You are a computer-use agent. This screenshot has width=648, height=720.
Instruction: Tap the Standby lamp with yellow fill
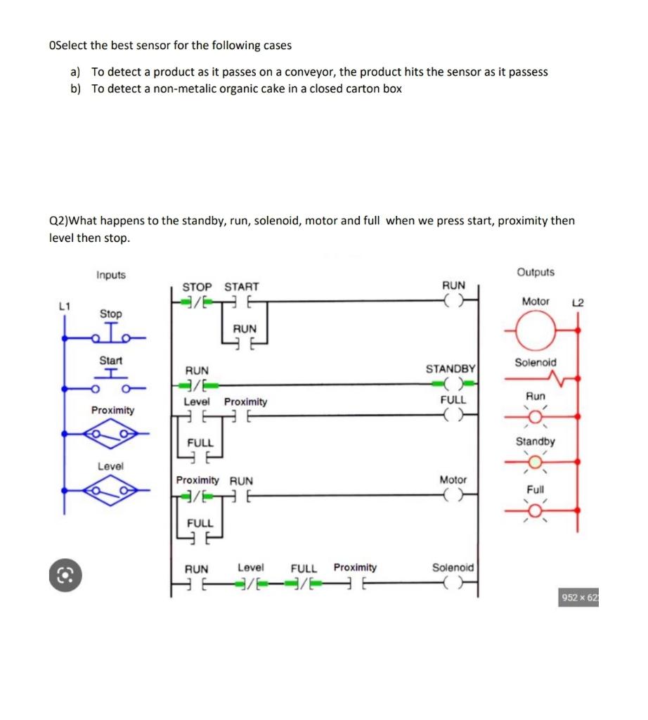[536, 461]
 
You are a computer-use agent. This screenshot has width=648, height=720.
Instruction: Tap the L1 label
[65, 306]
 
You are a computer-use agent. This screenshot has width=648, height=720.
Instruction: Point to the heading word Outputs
[536, 272]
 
